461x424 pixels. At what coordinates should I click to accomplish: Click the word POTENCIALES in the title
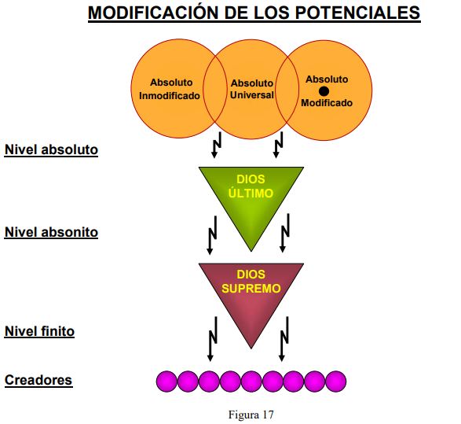click(357, 13)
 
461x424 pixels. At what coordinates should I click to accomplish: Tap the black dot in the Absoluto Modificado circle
click(324, 91)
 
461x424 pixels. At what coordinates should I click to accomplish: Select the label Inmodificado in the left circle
click(170, 96)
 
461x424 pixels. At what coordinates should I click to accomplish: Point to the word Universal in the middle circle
click(252, 95)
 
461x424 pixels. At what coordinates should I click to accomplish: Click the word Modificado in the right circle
click(327, 103)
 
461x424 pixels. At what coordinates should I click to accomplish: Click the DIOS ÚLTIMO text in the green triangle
click(251, 186)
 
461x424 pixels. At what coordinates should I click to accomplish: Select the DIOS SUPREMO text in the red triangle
click(251, 281)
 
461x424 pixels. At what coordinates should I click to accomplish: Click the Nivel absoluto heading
click(51, 149)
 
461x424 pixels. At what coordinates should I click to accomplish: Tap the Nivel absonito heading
click(51, 232)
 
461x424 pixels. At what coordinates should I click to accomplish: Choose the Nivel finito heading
click(39, 331)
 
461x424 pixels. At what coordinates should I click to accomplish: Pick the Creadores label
click(38, 380)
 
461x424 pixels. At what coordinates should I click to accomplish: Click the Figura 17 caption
click(251, 415)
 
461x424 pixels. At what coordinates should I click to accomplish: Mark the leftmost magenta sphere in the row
click(166, 382)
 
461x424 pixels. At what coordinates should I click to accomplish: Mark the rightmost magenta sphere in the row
click(336, 382)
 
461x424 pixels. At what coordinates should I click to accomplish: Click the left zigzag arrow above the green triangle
click(217, 145)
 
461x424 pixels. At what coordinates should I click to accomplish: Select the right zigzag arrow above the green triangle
click(278, 145)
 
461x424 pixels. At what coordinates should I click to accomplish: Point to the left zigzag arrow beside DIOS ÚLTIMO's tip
click(212, 235)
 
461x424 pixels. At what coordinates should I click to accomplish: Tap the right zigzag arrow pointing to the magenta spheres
click(284, 339)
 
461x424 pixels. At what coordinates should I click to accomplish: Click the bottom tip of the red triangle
click(251, 348)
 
